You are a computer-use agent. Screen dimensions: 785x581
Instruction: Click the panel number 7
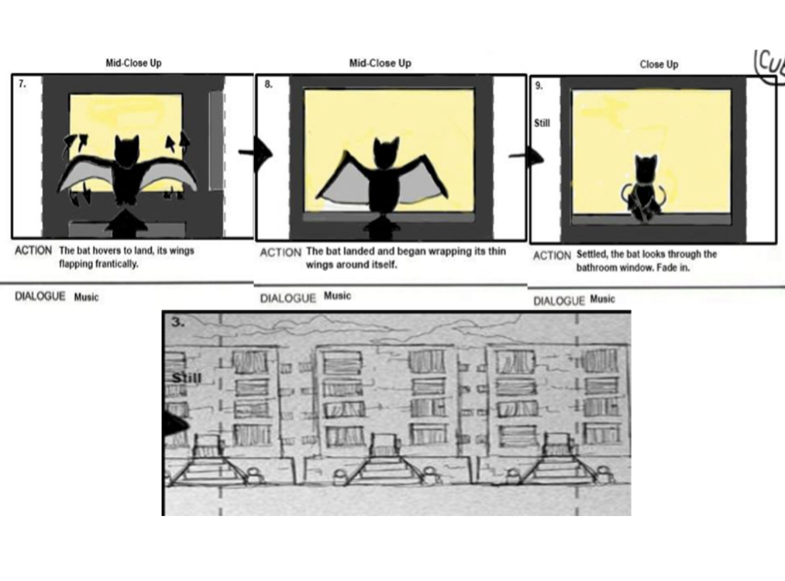point(22,84)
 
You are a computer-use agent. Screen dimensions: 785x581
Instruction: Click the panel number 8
point(268,84)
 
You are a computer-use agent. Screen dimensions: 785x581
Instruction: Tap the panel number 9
point(539,86)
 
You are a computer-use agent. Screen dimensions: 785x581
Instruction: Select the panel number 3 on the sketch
point(177,321)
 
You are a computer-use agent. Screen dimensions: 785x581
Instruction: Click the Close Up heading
point(659,64)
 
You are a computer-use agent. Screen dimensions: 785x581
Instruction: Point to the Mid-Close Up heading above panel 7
point(133,63)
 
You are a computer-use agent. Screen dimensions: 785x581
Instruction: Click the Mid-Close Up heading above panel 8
point(380,63)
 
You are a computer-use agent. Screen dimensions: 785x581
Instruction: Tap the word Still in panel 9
point(542,123)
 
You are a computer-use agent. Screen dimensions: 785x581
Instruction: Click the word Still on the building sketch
point(187,378)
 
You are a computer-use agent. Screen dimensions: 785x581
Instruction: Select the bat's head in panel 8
point(387,153)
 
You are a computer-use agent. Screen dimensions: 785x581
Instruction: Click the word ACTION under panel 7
point(33,251)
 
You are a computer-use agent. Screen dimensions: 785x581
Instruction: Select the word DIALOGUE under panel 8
point(287,299)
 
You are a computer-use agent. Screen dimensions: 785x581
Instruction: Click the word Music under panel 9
point(602,299)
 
